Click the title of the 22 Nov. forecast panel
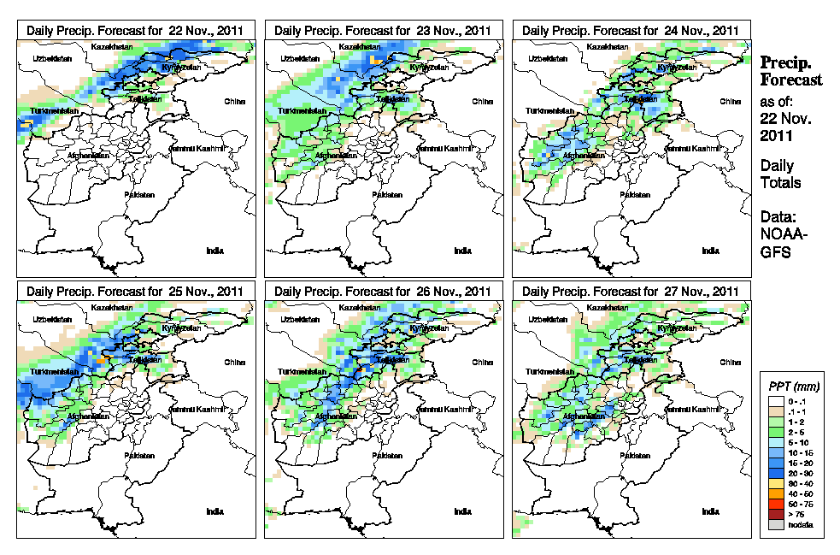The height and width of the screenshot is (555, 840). (136, 30)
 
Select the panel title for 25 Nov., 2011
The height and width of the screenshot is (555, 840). (136, 291)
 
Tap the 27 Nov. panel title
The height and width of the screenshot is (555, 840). (631, 291)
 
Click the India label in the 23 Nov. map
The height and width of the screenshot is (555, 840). (462, 251)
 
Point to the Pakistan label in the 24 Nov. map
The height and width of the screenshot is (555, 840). (635, 195)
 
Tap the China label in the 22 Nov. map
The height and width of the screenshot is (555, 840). (236, 101)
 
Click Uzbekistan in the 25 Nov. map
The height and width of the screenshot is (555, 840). (50, 319)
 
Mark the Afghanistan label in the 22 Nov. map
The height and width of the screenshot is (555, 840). (90, 156)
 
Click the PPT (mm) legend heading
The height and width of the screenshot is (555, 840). (791, 387)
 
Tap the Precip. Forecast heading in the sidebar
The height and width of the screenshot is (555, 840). (791, 71)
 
